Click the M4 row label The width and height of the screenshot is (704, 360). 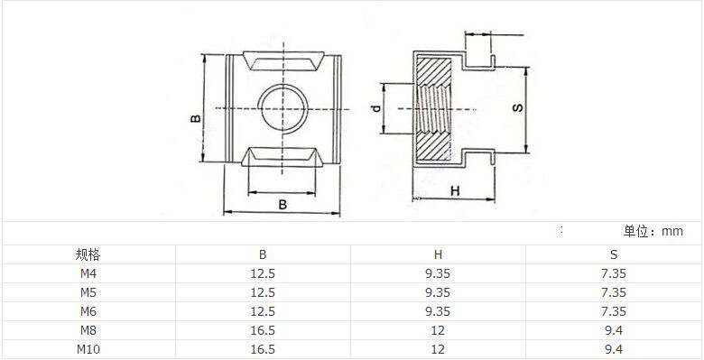(x=88, y=273)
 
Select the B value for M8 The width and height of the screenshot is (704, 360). (x=263, y=330)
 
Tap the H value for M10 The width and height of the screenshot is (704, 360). (x=438, y=349)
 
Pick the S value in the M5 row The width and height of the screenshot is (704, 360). (x=614, y=292)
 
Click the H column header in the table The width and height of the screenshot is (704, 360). (x=438, y=255)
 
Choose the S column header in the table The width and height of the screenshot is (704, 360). (x=614, y=255)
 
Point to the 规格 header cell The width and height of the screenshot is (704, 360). (x=88, y=255)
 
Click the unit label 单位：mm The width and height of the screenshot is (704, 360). (x=653, y=231)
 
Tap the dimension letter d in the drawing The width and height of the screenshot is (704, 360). (x=376, y=108)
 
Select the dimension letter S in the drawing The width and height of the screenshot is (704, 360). (x=518, y=107)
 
